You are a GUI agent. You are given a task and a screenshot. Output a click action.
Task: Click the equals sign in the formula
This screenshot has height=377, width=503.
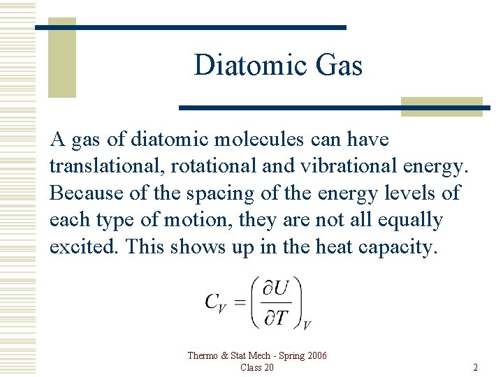(239, 302)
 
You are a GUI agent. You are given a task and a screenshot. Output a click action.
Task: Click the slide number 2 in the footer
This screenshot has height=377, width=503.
(475, 367)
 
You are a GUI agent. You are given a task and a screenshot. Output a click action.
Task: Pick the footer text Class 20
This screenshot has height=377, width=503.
(256, 367)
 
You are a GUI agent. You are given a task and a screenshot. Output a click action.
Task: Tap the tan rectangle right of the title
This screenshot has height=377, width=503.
(442, 105)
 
